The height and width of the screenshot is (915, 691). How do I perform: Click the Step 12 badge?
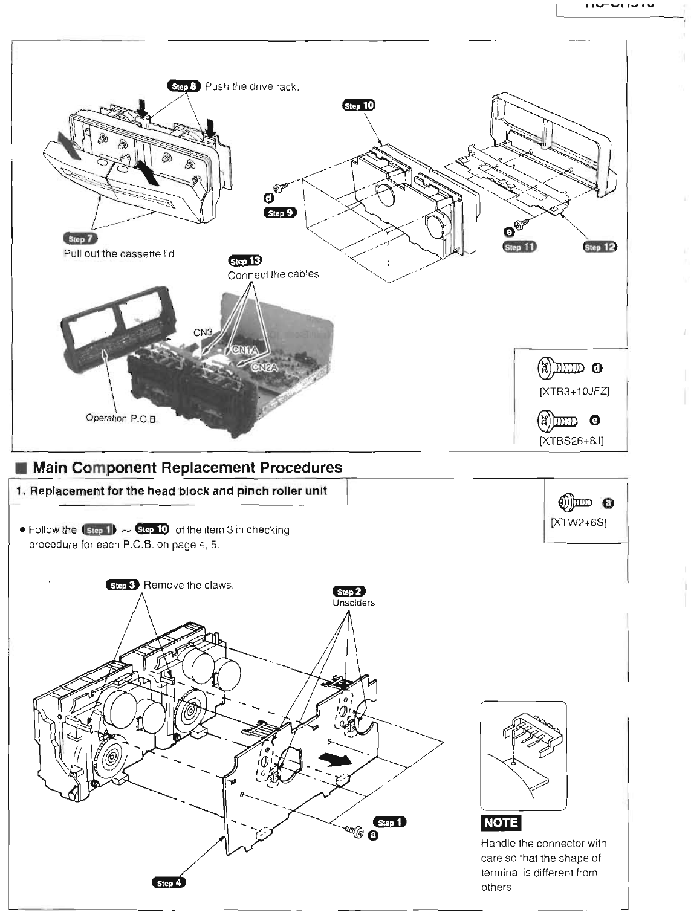click(x=600, y=247)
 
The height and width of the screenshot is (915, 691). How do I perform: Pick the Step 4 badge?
click(x=169, y=883)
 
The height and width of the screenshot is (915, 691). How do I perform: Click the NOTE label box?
click(x=501, y=823)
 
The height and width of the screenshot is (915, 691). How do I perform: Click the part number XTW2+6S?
click(x=579, y=522)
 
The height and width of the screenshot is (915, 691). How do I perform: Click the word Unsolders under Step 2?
click(x=354, y=603)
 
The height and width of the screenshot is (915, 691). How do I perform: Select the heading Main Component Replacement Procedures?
click(x=187, y=467)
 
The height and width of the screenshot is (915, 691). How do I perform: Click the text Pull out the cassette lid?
click(x=120, y=254)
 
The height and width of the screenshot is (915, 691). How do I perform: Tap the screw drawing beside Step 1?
click(x=354, y=832)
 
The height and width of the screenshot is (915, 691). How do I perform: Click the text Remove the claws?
click(x=189, y=585)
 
